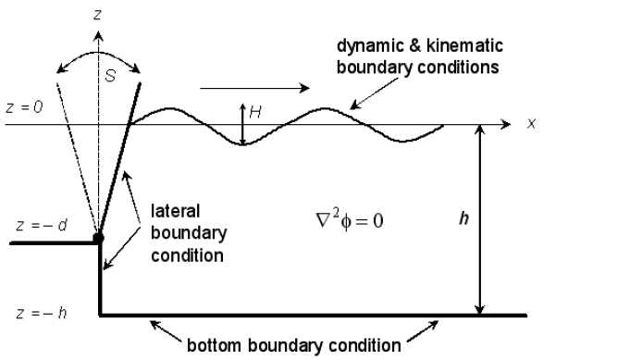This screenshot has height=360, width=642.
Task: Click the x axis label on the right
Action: click(x=531, y=123)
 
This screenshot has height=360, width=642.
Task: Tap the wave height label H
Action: click(x=255, y=111)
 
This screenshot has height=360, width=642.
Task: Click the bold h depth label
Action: click(x=451, y=225)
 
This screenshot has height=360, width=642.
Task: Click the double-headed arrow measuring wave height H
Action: click(x=242, y=125)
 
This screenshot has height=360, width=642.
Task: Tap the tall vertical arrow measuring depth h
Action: click(x=479, y=218)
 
